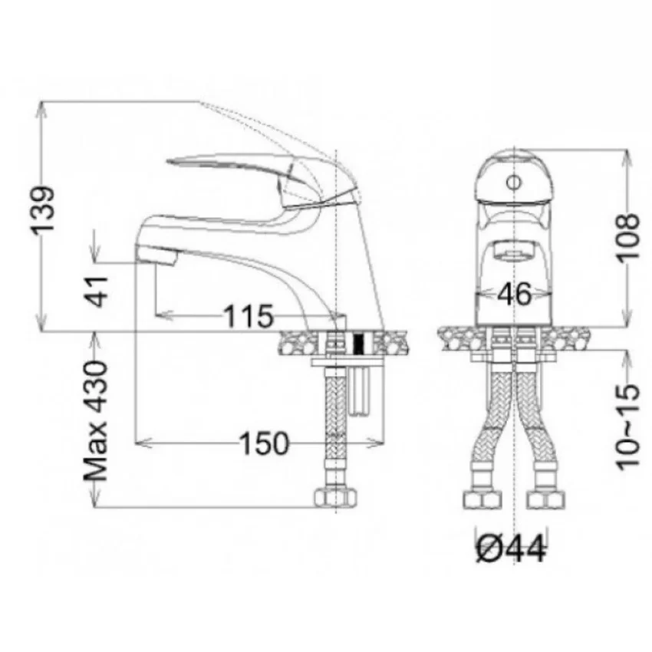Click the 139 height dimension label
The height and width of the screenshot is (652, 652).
click(x=42, y=210)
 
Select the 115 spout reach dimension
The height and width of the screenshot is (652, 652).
click(x=249, y=316)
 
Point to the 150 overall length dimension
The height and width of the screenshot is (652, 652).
click(x=264, y=443)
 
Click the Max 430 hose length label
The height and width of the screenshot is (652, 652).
click(x=96, y=420)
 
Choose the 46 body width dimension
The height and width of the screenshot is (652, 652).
click(x=515, y=294)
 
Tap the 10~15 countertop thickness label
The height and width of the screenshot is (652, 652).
click(x=627, y=427)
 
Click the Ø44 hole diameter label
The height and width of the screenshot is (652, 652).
click(x=511, y=549)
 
